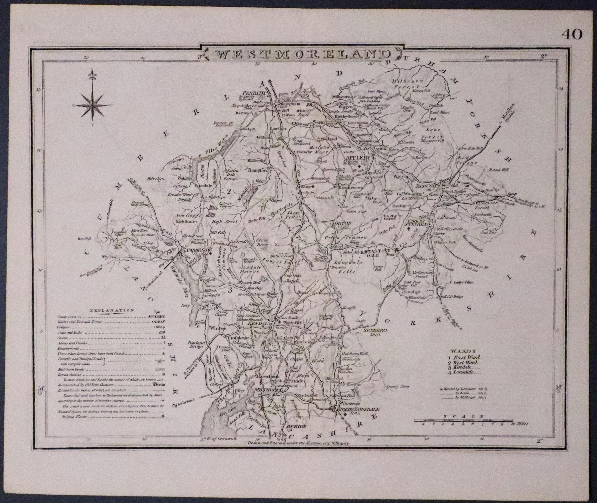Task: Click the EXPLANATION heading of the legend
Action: pyautogui.click(x=112, y=310)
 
